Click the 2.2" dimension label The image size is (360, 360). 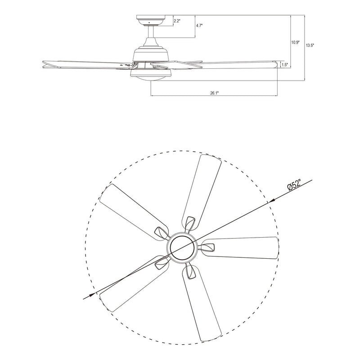[x=176, y=21]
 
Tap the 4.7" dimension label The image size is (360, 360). [x=199, y=27]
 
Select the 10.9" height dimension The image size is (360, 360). [x=295, y=42]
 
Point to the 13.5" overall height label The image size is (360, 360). [x=309, y=45]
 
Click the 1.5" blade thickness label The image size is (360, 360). [x=284, y=65]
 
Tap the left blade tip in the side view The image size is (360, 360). [x=44, y=65]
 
